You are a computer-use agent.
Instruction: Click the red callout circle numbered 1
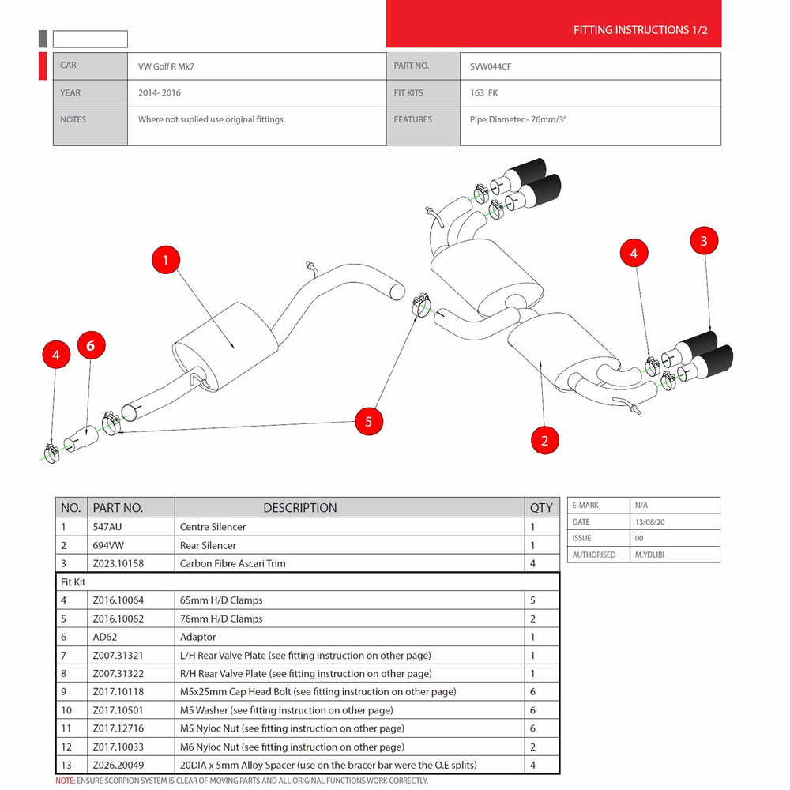[x=166, y=260]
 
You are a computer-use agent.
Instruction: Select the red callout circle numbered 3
[x=704, y=242]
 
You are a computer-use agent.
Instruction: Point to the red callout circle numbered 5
[x=368, y=421]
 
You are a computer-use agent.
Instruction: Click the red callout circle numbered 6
[x=91, y=345]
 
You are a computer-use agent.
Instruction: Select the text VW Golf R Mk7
[x=166, y=66]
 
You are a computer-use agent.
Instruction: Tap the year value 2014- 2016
[x=160, y=92]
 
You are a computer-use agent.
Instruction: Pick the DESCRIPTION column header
[x=300, y=508]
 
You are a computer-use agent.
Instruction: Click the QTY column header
[x=541, y=508]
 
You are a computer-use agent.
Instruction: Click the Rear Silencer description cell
[x=208, y=545]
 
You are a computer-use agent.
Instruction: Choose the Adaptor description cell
[x=197, y=637]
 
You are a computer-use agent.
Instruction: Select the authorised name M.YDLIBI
[x=653, y=555]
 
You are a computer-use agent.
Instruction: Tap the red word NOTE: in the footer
[x=66, y=781]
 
